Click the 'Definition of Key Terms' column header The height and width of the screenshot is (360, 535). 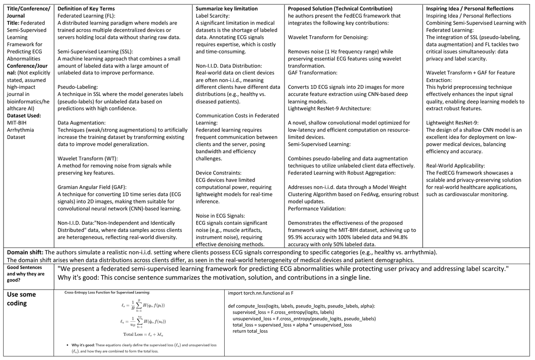tap(86, 8)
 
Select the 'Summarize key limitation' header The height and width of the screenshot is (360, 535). tap(226, 8)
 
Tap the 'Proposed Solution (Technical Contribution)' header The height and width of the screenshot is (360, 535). tap(340, 8)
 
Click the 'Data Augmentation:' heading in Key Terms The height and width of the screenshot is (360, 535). tap(82, 123)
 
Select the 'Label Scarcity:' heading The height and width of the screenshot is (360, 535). tap(213, 16)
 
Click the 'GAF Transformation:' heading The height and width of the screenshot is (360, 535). tap(313, 73)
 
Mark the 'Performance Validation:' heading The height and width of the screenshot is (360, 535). tap(317, 208)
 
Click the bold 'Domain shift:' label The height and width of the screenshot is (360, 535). tap(25, 252)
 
